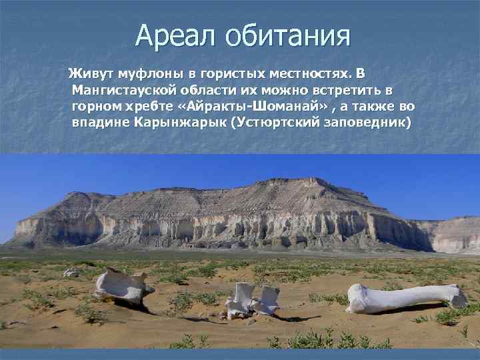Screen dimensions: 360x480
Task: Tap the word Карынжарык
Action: (x=178, y=124)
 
